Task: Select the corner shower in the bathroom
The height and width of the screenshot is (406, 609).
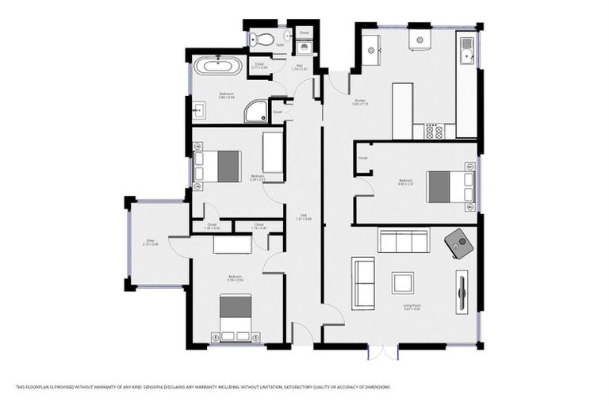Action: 255,112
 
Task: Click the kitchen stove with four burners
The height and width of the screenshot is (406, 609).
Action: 434,131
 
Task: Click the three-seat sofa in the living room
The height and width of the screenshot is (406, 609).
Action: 403,240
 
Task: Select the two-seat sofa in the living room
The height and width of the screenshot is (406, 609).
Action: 364,283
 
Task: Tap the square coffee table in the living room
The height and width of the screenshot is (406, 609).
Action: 403,282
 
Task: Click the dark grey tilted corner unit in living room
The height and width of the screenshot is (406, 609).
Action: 459,243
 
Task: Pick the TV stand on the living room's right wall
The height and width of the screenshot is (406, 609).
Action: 462,294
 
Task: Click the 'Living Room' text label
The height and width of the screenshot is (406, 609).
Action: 411,304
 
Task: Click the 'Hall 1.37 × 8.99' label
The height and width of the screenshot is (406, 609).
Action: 304,218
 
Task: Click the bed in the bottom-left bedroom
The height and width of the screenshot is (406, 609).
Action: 236,316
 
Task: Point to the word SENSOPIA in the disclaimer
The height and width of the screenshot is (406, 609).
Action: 170,387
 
